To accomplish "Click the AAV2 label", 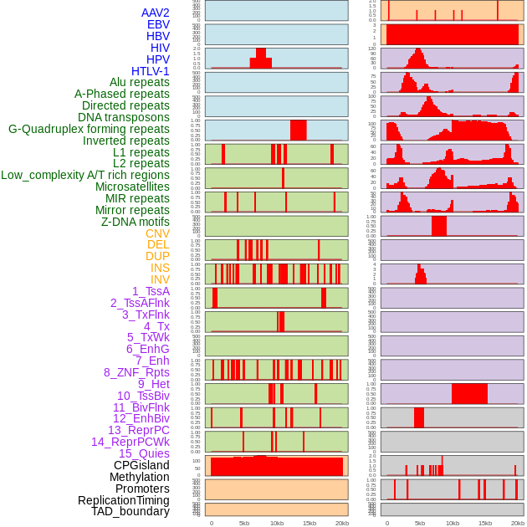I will click(156, 13).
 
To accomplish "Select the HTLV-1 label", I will click(151, 71).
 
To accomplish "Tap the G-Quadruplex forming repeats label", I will click(89, 129).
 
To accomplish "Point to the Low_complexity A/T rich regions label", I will click(85, 175).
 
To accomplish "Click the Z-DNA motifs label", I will click(136, 222).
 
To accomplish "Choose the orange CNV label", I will click(157, 233).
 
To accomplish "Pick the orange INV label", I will click(160, 279).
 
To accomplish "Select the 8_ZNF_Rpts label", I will click(136, 372).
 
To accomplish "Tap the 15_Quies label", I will click(144, 453).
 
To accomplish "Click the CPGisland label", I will click(141, 465).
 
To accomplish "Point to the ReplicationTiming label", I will click(124, 500).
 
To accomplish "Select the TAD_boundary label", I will click(130, 511).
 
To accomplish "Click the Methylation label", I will click(140, 477).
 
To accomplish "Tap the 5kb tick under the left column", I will click(244, 523).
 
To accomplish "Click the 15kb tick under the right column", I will click(485, 523).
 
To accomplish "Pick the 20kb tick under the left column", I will click(342, 523).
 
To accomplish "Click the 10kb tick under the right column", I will click(453, 523).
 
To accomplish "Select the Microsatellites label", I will click(132, 187).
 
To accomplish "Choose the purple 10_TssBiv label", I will click(143, 396).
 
